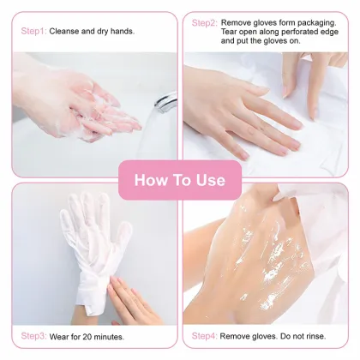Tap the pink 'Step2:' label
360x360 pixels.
point(204,23)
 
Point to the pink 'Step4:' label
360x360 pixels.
point(204,335)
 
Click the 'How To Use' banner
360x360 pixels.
point(180,180)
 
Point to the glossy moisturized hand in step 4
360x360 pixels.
point(257,257)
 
